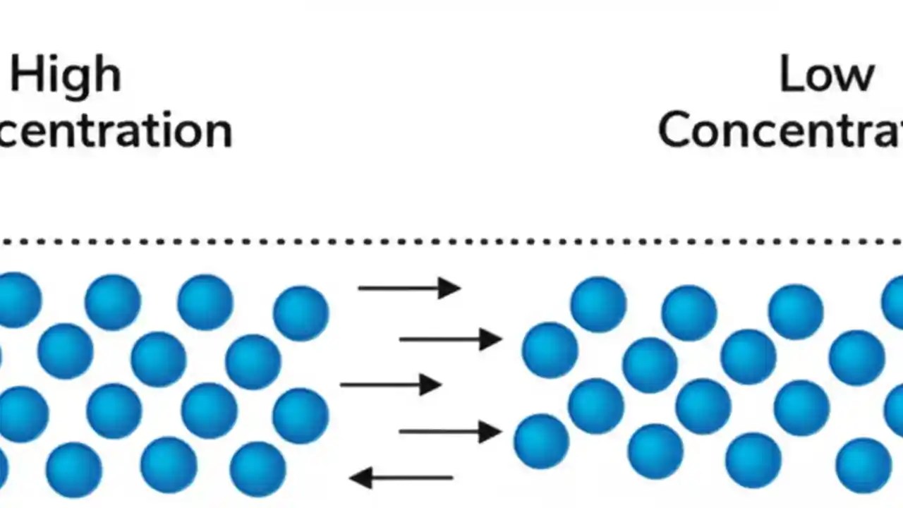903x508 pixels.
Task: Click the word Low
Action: (826, 75)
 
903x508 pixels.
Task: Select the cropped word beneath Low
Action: (780, 130)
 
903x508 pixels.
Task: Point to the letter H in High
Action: (25, 75)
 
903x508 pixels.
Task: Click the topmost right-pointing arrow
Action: (409, 288)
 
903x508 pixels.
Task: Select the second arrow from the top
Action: (450, 339)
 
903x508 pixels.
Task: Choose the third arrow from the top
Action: (391, 385)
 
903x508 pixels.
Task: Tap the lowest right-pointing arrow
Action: (450, 431)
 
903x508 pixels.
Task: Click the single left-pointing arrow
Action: (401, 478)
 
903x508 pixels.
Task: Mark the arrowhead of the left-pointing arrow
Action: (360, 478)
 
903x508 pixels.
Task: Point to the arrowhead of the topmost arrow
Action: (449, 288)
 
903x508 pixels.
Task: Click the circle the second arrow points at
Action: (550, 350)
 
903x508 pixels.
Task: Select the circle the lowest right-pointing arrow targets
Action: (541, 441)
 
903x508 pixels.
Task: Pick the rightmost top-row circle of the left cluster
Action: (301, 313)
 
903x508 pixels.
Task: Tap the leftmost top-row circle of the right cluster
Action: (598, 304)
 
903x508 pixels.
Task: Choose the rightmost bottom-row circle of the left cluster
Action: (257, 468)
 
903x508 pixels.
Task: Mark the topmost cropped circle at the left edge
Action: (18, 300)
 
